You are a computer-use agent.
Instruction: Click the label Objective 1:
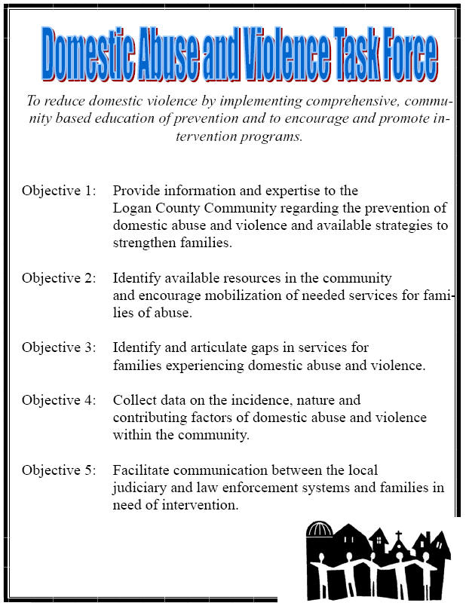coord(59,191)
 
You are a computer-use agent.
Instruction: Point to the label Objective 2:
coord(59,278)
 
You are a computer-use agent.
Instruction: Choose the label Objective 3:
coord(59,347)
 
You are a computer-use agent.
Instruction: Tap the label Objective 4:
coord(59,399)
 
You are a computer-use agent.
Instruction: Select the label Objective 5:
coord(59,470)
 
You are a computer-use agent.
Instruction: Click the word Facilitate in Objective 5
coord(141,470)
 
